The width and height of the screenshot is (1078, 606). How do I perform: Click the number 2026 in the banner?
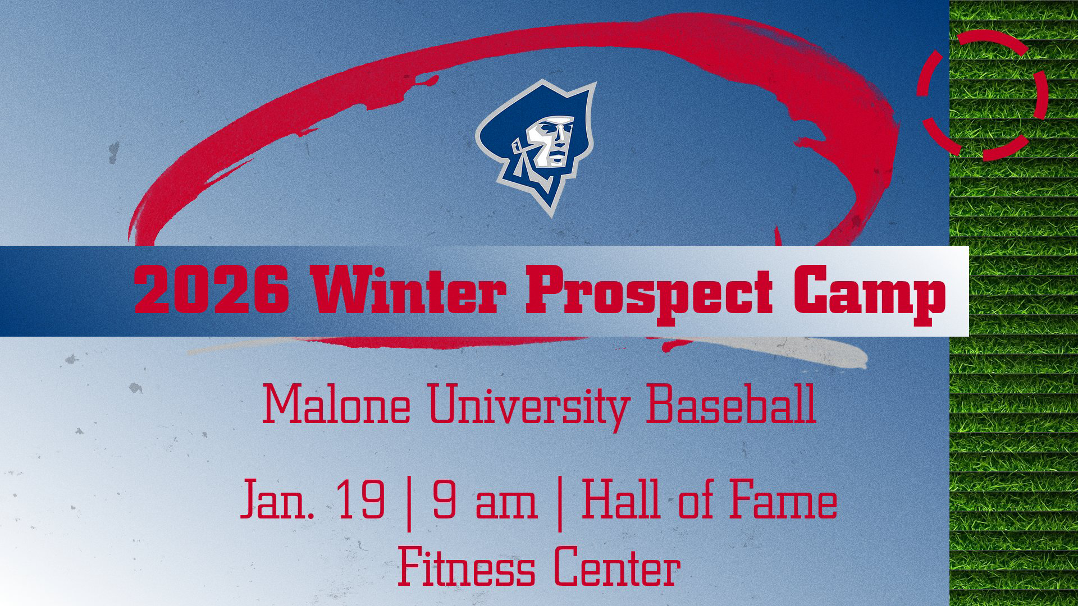[x=211, y=291]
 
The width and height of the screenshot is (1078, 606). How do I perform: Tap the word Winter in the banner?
[x=404, y=291]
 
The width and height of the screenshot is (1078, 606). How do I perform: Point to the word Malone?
[x=336, y=405]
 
